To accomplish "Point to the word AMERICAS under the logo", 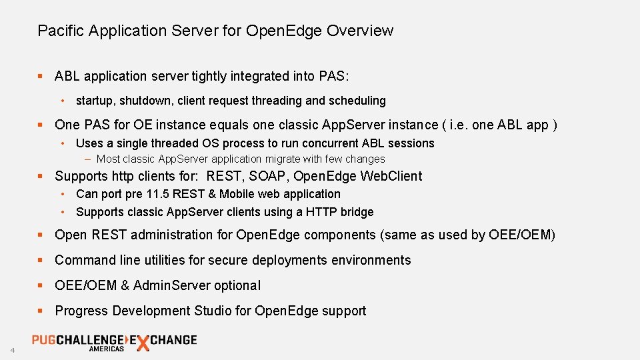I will (x=107, y=349).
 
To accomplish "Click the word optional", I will (x=237, y=285).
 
